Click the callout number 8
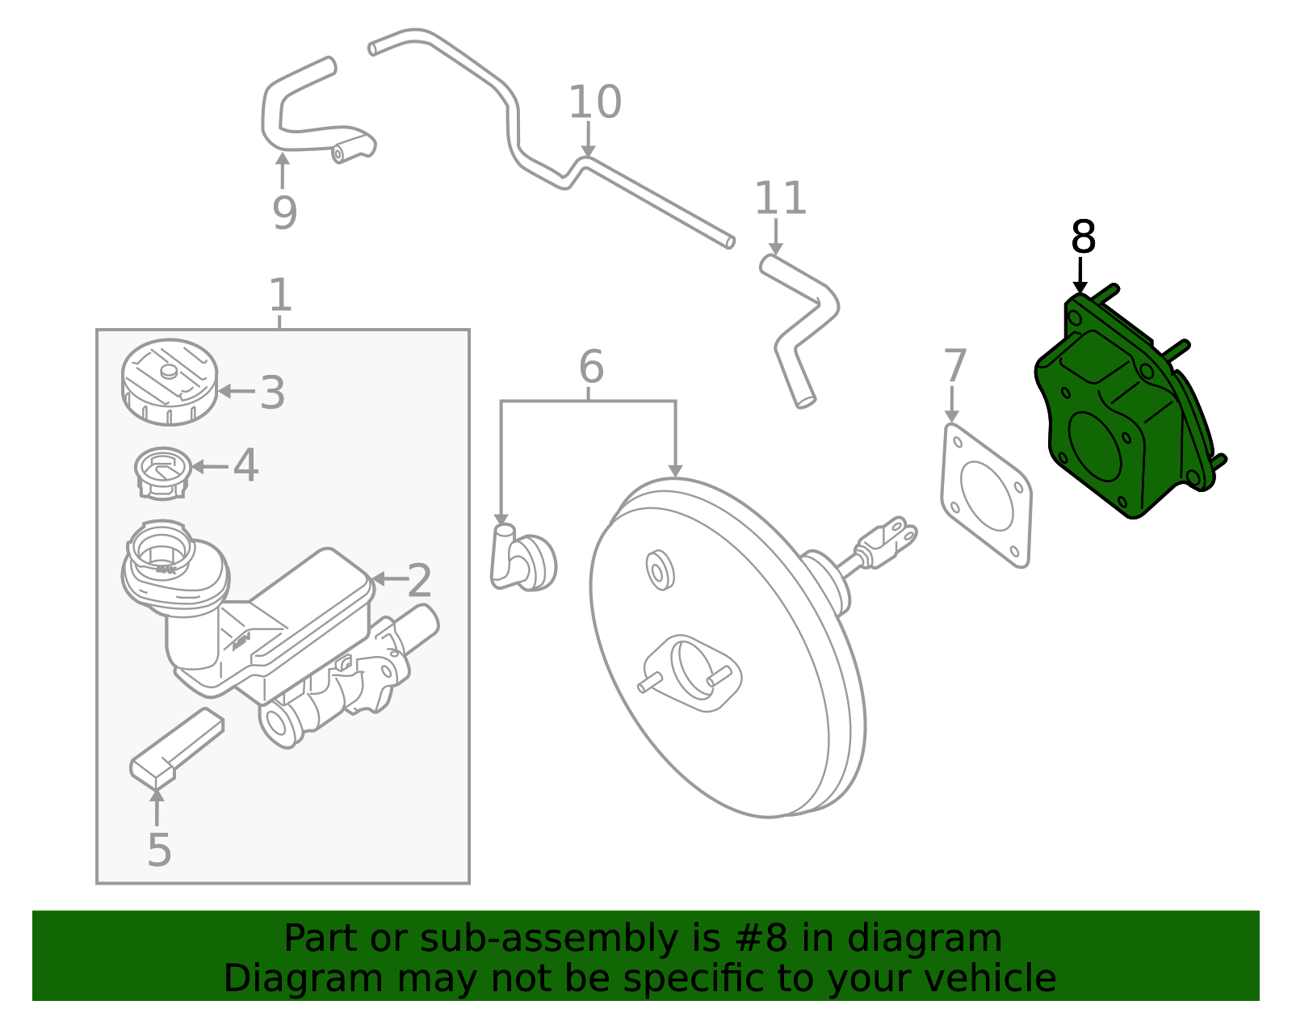pos(1083,238)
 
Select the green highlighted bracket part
pos(1122,412)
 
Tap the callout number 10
pos(595,103)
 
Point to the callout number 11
pos(780,199)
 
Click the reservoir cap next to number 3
pos(170,382)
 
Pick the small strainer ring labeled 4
pos(162,472)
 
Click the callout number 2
pos(419,580)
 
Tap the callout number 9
pos(284,212)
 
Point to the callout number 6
pos(591,368)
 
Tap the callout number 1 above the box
pos(279,295)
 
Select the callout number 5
pos(159,851)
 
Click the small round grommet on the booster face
pos(661,570)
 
